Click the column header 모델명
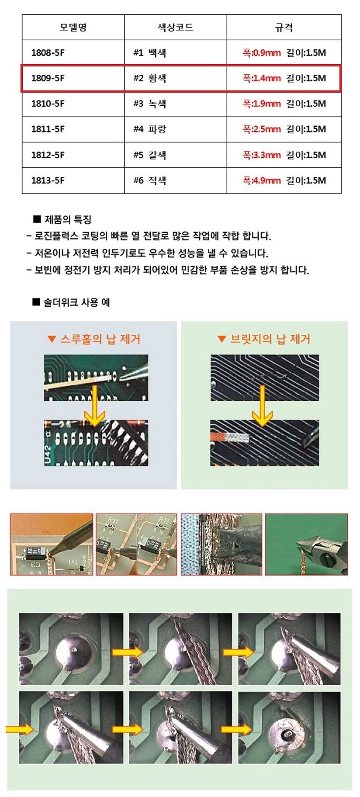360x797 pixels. click(73, 28)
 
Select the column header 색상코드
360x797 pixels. click(175, 28)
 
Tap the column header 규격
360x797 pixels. click(284, 28)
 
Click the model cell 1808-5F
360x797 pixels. click(48, 53)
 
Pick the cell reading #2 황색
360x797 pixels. click(150, 78)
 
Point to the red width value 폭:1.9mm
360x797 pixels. click(261, 104)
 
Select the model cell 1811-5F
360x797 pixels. click(48, 129)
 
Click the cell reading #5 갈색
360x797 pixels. click(150, 155)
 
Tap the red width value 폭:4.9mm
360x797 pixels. click(261, 180)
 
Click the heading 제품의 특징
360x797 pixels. click(68, 219)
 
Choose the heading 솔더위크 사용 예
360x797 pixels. click(76, 302)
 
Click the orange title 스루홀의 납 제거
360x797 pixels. click(100, 339)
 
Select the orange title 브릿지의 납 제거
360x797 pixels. click(270, 339)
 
